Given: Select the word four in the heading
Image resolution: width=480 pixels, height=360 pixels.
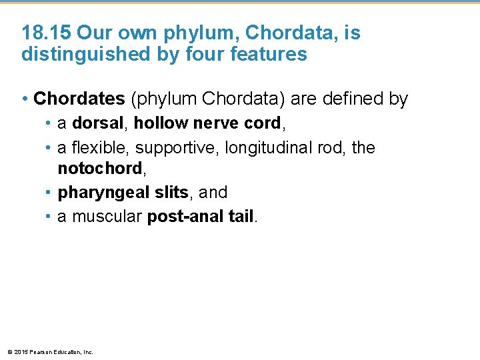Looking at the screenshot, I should pos(185,55).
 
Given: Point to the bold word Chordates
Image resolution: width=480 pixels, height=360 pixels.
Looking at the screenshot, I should pos(79,99).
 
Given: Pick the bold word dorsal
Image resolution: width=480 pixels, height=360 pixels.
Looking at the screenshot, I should pos(99,124).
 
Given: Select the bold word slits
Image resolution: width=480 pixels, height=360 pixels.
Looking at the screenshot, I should pos(171,193).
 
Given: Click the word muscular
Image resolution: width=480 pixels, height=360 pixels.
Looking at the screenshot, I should pos(107,217).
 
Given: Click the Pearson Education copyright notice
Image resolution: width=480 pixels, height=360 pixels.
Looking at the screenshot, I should pos(50,351).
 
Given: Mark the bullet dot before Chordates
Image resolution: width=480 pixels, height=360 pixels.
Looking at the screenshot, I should pos(25,100).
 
